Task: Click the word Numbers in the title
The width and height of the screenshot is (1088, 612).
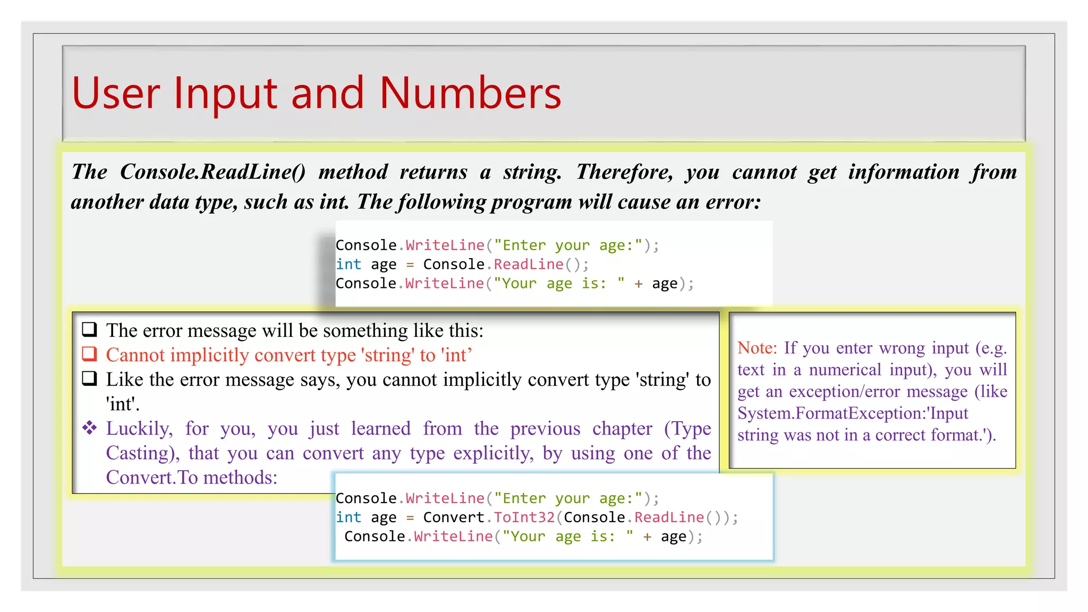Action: click(470, 93)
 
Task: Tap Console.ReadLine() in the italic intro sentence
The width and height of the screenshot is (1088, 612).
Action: click(212, 172)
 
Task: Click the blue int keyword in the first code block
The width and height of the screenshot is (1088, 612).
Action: click(348, 265)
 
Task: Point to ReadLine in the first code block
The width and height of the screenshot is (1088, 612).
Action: click(528, 265)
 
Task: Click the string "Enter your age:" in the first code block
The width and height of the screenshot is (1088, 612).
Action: click(568, 245)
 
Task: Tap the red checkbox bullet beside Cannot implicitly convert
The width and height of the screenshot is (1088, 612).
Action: click(89, 354)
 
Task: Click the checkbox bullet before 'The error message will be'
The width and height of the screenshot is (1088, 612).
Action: click(89, 329)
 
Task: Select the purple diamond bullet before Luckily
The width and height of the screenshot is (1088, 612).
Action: click(89, 428)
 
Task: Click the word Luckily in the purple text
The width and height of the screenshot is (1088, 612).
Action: click(139, 429)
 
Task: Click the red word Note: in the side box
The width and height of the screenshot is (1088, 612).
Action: click(757, 348)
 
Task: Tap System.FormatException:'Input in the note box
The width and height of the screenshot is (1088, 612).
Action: click(852, 413)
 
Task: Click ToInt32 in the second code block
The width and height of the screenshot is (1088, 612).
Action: click(524, 517)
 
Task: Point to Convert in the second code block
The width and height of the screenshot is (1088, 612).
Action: click(453, 517)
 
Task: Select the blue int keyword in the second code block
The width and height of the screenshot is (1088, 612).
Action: click(348, 517)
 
